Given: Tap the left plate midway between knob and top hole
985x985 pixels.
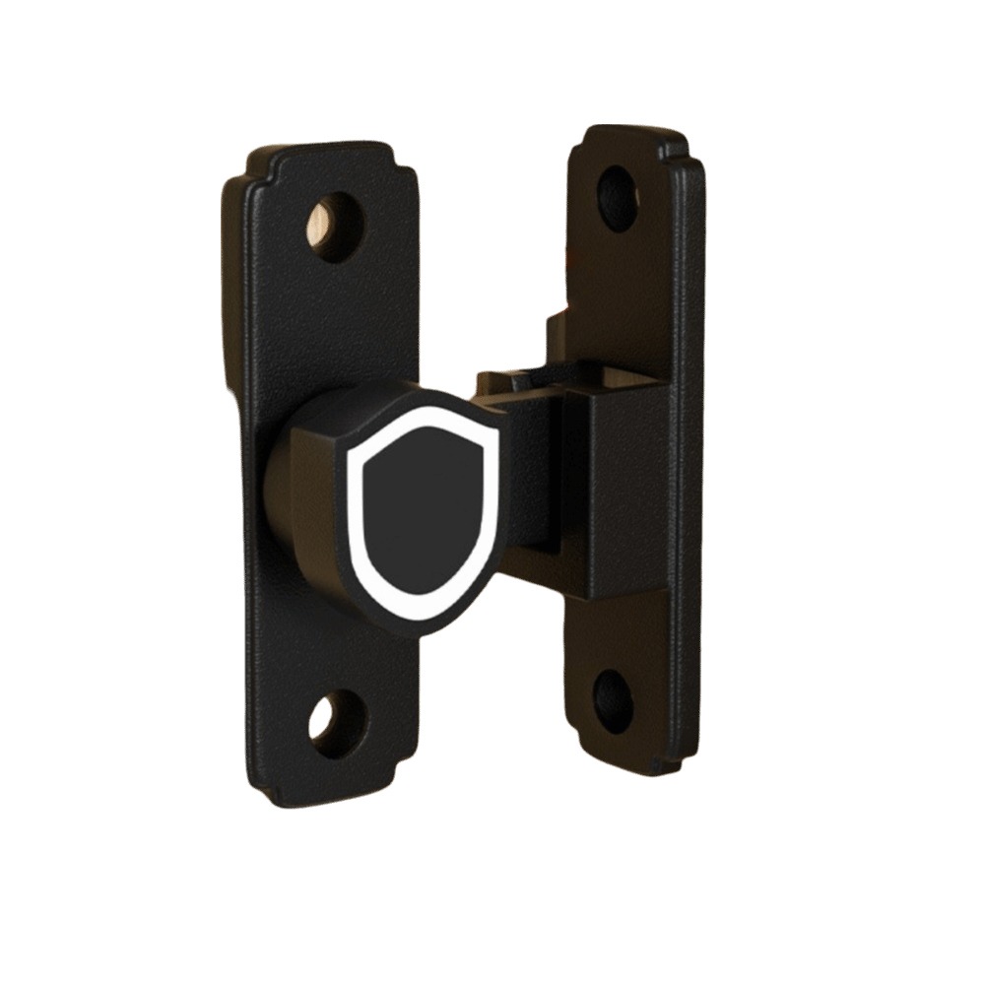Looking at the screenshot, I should pos(335,315).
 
